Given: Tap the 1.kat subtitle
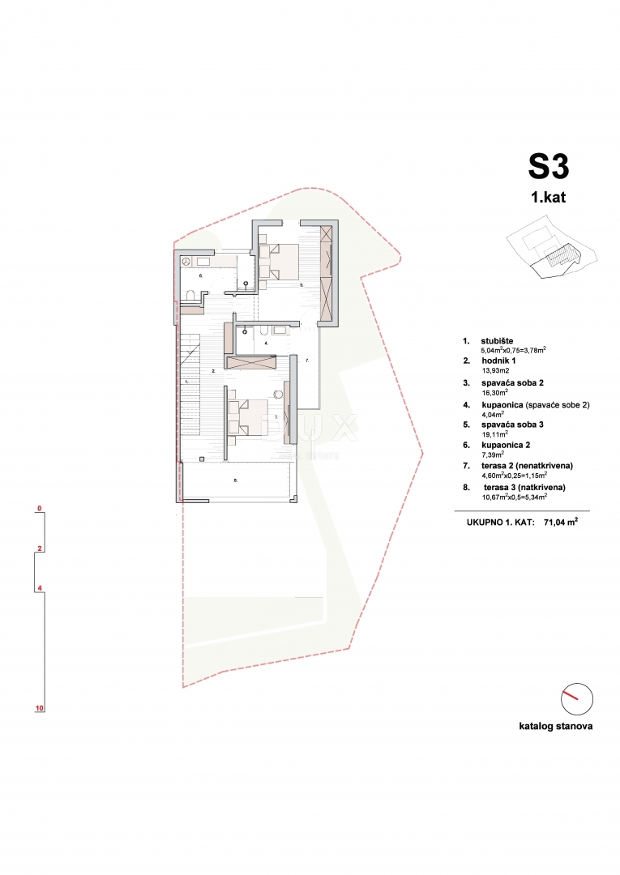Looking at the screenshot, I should [549, 198].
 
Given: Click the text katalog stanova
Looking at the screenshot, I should [555, 727].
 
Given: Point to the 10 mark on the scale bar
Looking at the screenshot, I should [39, 708].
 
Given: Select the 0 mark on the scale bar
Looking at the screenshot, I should [39, 510].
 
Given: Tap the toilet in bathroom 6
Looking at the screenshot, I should [188, 294].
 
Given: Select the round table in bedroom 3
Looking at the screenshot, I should [280, 395].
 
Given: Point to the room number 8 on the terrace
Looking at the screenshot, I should [235, 481].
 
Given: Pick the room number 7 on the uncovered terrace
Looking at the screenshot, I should [306, 359].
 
